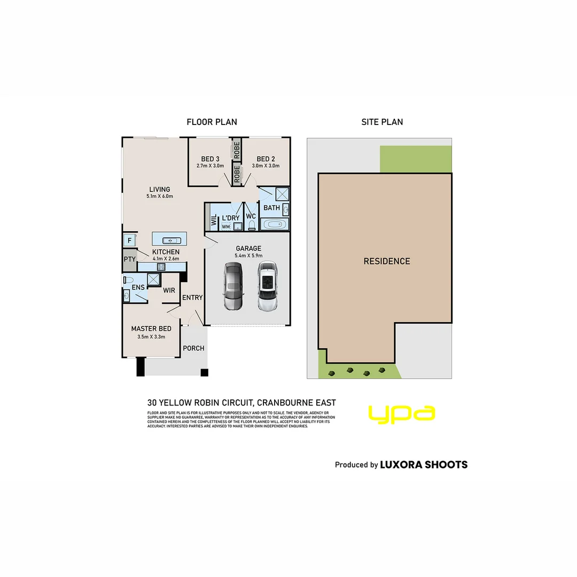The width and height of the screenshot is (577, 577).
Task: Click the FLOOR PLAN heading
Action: pyautogui.click(x=212, y=122)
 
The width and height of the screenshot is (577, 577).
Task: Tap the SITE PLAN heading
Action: pyautogui.click(x=382, y=122)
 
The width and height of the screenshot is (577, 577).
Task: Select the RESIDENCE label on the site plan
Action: pyautogui.click(x=387, y=261)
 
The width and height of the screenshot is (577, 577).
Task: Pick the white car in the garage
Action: pyautogui.click(x=267, y=286)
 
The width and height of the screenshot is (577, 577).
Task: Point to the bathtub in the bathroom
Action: pyautogui.click(x=275, y=224)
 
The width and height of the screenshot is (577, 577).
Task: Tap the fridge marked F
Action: pyautogui.click(x=129, y=240)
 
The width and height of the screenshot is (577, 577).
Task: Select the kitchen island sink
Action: pyautogui.click(x=169, y=240)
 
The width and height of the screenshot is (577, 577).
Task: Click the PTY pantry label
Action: pyautogui.click(x=129, y=259)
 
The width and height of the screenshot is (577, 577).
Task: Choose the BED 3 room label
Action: pyautogui.click(x=210, y=159)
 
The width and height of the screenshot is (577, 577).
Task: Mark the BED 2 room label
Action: pyautogui.click(x=266, y=159)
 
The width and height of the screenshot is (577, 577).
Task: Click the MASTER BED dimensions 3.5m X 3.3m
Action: pyautogui.click(x=151, y=337)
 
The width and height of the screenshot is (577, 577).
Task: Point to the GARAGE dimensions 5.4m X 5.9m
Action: pyautogui.click(x=248, y=256)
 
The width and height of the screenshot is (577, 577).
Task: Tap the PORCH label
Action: pyautogui.click(x=193, y=348)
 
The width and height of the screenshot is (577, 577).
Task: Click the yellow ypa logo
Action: pyautogui.click(x=401, y=415)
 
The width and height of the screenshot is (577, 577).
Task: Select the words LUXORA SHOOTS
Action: pyautogui.click(x=423, y=465)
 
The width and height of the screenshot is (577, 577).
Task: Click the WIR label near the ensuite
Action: pyautogui.click(x=169, y=291)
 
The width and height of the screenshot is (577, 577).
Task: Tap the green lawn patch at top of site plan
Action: pyautogui.click(x=415, y=159)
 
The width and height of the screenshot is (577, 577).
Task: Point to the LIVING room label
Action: pyautogui.click(x=159, y=189)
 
